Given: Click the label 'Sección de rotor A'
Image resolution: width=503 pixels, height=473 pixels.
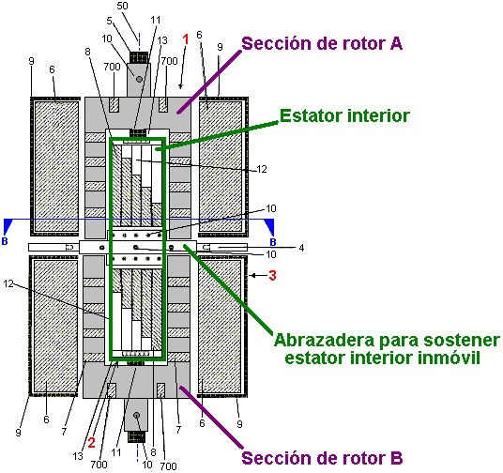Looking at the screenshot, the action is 322,44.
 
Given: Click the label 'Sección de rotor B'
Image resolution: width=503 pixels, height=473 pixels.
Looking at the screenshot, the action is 322,458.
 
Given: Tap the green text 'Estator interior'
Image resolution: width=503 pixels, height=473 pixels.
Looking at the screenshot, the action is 344,115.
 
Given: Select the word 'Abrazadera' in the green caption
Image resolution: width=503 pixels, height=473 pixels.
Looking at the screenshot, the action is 324,340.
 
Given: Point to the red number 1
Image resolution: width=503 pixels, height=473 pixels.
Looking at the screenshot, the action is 186,39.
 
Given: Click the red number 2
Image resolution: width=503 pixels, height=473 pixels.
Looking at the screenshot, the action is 92,443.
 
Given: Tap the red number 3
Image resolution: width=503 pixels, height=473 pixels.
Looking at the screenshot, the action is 272,275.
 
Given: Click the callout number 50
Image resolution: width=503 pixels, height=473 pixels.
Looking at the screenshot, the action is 122,6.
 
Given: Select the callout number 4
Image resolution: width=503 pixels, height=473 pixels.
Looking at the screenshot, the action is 301,248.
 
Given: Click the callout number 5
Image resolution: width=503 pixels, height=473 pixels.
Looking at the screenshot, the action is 110,21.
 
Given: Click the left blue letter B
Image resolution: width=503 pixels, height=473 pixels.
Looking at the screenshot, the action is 5,241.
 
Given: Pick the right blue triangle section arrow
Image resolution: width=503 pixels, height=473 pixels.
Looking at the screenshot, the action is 269,226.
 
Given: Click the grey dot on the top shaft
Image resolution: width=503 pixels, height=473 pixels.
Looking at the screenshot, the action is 139,79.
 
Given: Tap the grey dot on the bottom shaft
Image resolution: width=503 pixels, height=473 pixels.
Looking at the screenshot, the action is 137,415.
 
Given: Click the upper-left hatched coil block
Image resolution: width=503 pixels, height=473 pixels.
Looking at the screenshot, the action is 56,166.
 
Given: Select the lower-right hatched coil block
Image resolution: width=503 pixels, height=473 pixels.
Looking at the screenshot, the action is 220,326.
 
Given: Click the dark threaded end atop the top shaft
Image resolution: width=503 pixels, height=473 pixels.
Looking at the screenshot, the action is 139,57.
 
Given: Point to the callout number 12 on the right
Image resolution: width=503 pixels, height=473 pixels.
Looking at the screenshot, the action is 262,169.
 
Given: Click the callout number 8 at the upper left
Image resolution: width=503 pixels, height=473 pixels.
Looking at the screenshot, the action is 87,52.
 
